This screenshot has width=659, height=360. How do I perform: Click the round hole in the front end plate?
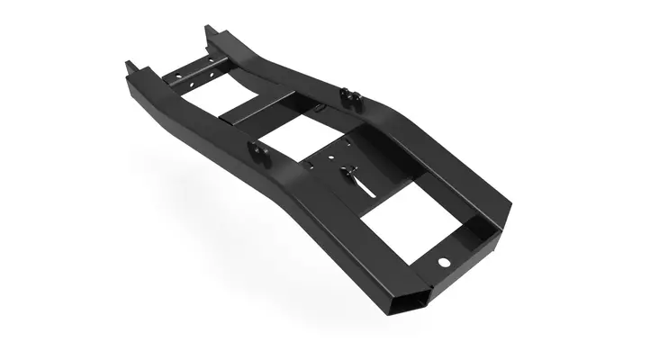click(x=444, y=262)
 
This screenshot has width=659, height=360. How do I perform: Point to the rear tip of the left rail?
click(x=131, y=66)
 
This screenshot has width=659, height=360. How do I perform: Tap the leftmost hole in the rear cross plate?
click(x=176, y=78)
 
